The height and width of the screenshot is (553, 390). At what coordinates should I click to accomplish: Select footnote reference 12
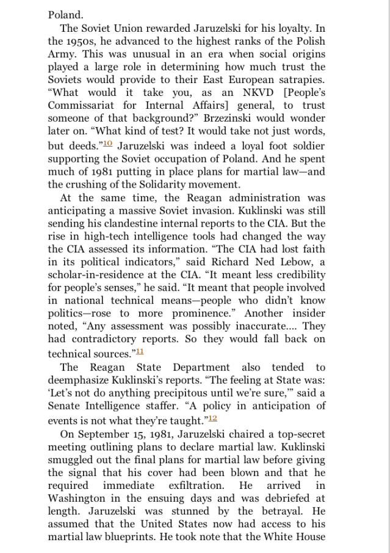[x=212, y=418]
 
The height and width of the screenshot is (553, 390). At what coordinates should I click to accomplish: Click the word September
[x=111, y=434]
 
